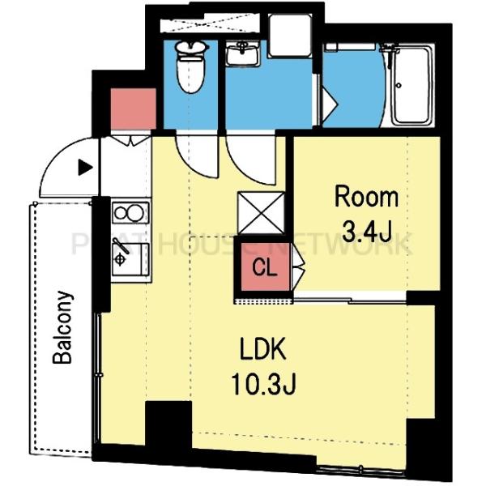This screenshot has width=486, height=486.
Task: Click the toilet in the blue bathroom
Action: [x=190, y=67]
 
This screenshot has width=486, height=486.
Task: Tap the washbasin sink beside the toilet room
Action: [x=242, y=54]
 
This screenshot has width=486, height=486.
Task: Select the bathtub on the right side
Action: [x=412, y=85]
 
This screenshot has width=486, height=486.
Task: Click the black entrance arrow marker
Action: [x=85, y=168]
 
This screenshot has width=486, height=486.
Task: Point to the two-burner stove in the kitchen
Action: [x=130, y=212]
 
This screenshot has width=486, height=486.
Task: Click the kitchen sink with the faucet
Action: [x=130, y=259]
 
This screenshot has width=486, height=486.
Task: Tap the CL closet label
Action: [x=264, y=267]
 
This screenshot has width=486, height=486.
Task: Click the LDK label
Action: [x=262, y=349]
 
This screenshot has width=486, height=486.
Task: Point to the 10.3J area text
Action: [x=264, y=384]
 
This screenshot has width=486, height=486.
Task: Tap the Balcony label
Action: [x=62, y=327]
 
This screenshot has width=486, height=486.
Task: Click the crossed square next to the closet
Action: [x=261, y=213]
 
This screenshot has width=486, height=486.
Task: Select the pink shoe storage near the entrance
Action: [x=134, y=109]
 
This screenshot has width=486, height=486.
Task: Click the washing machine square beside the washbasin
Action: [x=289, y=36]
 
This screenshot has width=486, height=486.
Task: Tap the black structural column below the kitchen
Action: [x=168, y=424]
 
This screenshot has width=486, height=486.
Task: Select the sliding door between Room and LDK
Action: [x=350, y=300]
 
